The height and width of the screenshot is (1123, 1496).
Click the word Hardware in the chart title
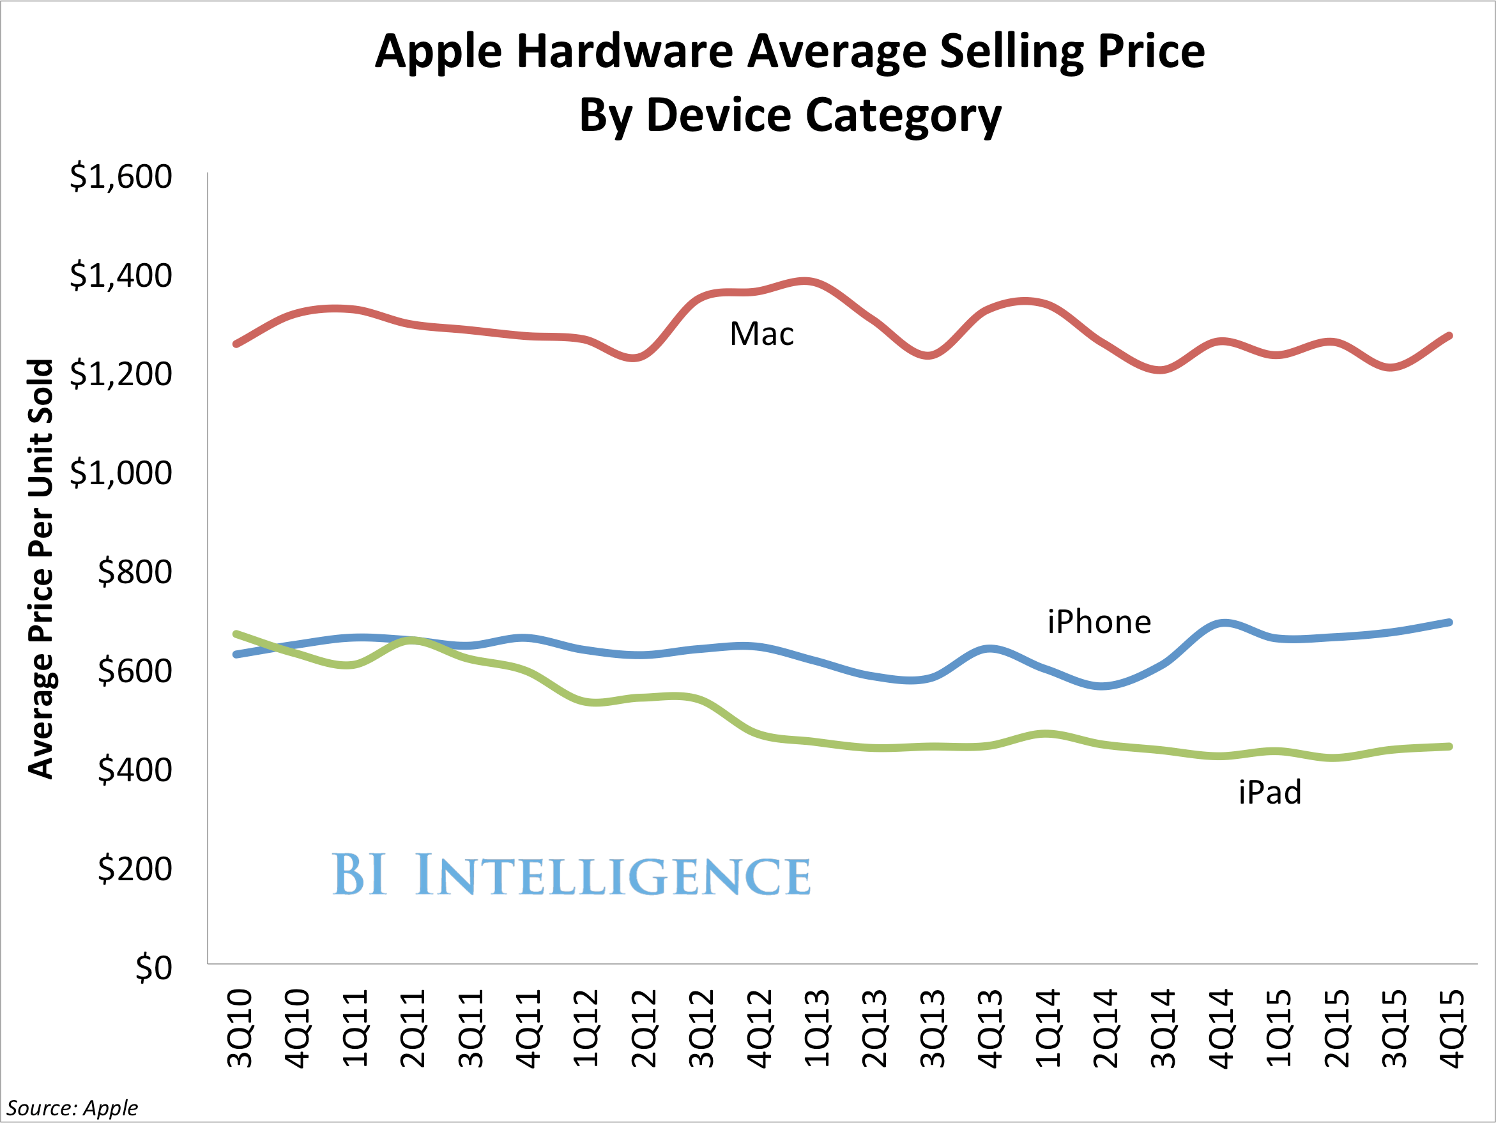coord(625,52)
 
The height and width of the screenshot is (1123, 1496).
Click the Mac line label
coord(761,334)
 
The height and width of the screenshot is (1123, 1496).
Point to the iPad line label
coord(1270,792)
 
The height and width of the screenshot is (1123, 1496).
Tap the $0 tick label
coord(153,968)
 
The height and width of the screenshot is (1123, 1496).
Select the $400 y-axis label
coord(135,770)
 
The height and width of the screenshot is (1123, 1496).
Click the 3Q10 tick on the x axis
coord(240,1028)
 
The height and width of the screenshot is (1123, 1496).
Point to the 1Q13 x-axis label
coord(817,1028)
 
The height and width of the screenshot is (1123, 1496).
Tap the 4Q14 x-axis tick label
coord(1221,1028)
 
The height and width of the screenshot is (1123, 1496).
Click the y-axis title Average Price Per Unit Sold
coord(41,569)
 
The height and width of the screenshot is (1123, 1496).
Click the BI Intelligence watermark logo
coord(572,875)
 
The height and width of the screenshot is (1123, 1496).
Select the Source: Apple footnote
coord(72,1108)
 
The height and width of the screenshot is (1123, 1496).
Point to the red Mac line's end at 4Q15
coord(1449,335)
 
